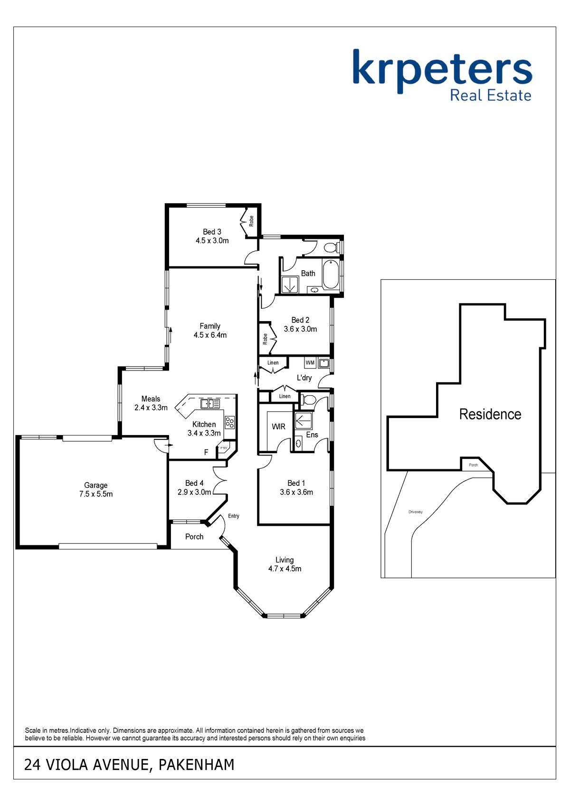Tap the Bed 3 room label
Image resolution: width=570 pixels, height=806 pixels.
pos(212,232)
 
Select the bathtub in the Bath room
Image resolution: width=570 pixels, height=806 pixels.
pos(331,275)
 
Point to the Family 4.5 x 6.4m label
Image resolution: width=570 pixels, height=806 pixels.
pos(210,331)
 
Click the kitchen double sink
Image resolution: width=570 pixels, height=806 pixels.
pos(210,404)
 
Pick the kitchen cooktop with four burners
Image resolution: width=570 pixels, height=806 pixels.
pos(229,422)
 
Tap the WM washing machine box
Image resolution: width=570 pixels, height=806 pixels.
pos(310,363)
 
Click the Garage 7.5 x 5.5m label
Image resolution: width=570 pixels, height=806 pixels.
pos(96,490)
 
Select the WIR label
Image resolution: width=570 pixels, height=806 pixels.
pos(278,427)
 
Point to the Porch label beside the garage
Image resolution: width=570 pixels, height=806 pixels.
pos(194,537)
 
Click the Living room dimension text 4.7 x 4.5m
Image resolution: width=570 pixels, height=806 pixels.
pos(285,569)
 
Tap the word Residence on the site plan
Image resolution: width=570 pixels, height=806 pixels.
pos(490,415)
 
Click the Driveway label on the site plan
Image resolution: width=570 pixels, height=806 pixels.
pos(416,512)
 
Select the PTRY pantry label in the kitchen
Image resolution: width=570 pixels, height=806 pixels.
pos(224,448)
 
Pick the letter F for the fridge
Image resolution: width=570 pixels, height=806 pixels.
pos(206,452)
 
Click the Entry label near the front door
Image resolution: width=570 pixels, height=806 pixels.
pos(234,516)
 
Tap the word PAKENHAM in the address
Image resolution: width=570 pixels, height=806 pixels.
pos(197,765)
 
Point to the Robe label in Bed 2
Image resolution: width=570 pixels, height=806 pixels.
pos(265,339)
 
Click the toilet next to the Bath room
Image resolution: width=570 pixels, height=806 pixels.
pos(331,247)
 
